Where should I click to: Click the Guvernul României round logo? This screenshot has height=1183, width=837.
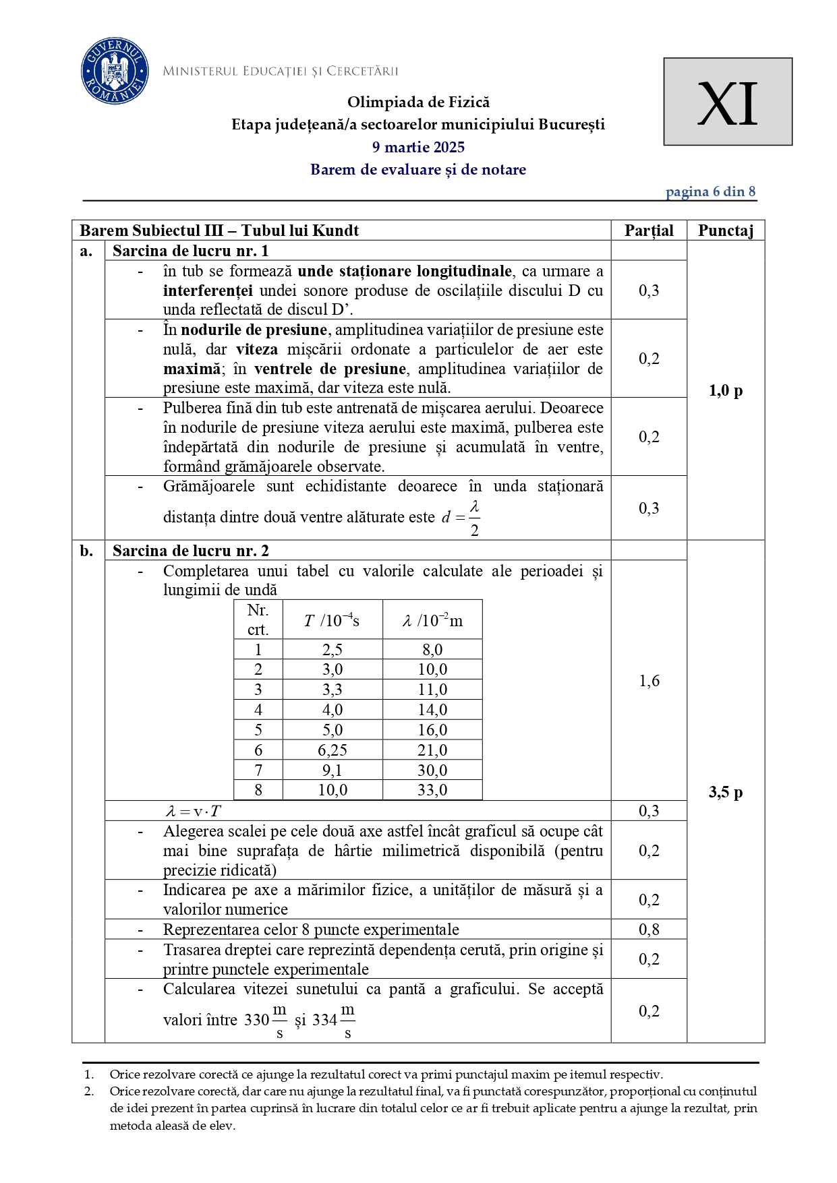[x=115, y=71]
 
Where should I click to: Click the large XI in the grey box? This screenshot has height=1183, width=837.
[x=727, y=103]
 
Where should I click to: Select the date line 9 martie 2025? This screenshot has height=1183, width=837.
[x=418, y=147]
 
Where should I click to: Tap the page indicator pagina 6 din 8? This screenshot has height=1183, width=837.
[x=710, y=191]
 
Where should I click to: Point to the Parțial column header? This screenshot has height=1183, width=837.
[x=649, y=231]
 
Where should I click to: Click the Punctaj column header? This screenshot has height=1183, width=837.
[x=726, y=231]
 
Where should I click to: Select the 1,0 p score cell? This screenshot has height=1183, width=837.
[x=726, y=390]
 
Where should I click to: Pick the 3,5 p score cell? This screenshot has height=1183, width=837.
[x=726, y=792]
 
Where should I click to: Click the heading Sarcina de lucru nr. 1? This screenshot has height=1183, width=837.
[x=191, y=251]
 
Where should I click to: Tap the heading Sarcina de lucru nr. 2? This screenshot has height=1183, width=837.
[x=191, y=551]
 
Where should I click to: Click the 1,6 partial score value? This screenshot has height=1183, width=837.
[x=649, y=681]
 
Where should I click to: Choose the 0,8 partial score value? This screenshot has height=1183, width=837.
[x=649, y=930]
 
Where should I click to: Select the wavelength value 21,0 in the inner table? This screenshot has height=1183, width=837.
[x=432, y=750]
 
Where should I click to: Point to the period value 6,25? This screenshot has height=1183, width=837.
[x=333, y=750]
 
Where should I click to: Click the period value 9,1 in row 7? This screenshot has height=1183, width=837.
[x=333, y=770]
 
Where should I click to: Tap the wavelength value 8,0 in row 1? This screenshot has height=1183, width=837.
[x=432, y=650]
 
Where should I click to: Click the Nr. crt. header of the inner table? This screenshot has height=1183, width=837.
[x=258, y=619]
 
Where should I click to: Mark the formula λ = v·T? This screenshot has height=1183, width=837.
[x=194, y=811]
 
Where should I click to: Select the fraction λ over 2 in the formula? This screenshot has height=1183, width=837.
[x=475, y=518]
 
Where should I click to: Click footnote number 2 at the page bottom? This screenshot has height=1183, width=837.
[x=88, y=1091]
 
